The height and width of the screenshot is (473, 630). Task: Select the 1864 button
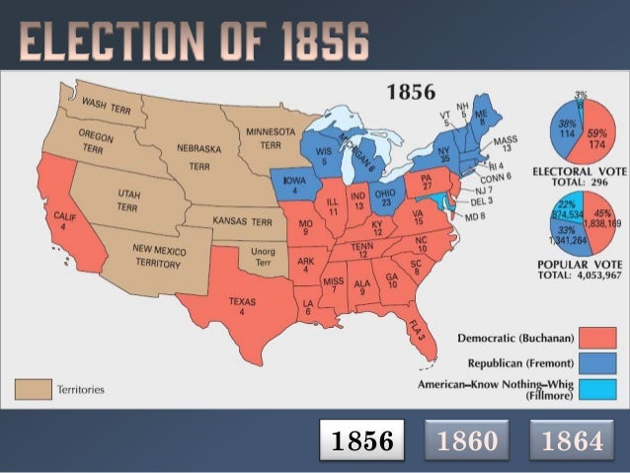pos(573,440)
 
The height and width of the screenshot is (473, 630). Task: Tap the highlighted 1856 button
pos(362,440)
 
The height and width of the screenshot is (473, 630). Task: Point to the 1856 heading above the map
pos(411,93)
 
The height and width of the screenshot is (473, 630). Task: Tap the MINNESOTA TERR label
pos(270,137)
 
